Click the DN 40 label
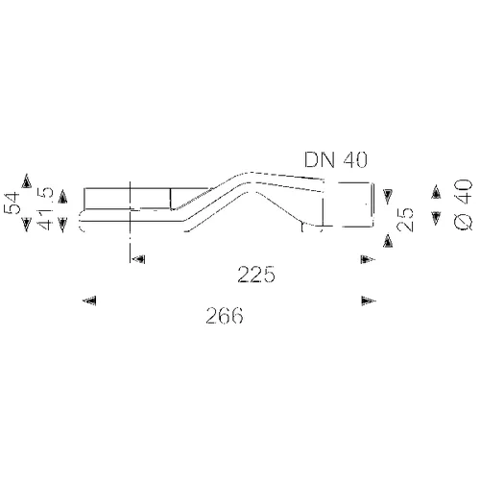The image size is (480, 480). click(336, 159)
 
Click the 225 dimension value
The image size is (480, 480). click(256, 275)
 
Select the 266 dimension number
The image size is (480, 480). click(225, 316)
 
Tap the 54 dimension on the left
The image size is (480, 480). click(12, 203)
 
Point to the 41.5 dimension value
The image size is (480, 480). click(45, 208)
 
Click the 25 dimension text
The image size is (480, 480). click(404, 219)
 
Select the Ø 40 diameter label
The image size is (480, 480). click(463, 204)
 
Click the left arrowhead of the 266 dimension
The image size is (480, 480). click(89, 300)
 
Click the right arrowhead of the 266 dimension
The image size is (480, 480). click(369, 300)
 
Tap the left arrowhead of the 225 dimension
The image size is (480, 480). click(139, 258)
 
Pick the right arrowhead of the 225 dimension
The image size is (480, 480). click(368, 259)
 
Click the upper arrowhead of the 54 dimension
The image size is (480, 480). click(27, 180)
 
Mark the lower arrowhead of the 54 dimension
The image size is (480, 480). click(27, 225)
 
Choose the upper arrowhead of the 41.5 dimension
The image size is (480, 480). click(62, 197)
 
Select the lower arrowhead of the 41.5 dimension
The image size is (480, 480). click(62, 225)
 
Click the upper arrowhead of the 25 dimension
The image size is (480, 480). click(388, 197)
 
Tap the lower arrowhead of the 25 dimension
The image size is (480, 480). click(388, 241)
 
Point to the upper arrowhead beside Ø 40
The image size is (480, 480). click(436, 192)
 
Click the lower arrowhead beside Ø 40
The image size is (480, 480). click(436, 219)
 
